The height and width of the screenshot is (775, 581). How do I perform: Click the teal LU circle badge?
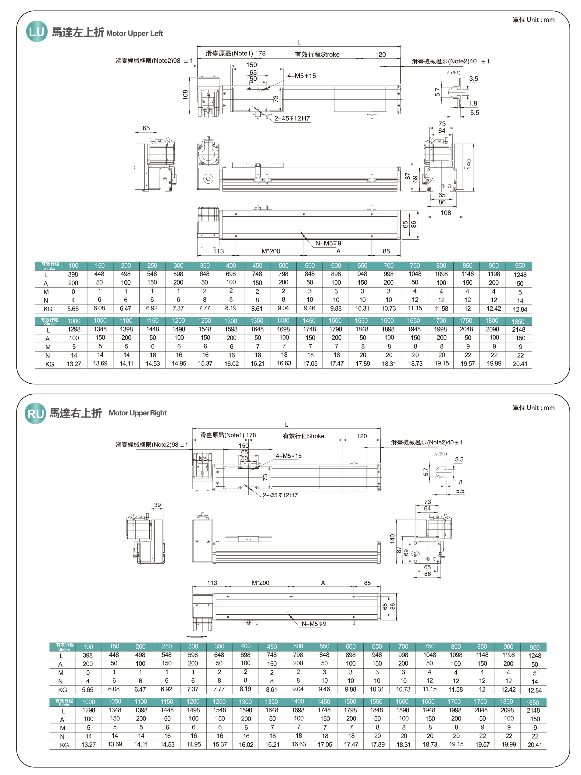point(37,32)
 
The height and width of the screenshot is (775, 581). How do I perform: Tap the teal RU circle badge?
point(35,414)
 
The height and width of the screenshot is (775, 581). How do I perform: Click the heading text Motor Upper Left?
point(135,33)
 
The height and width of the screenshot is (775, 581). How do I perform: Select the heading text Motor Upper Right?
point(137,413)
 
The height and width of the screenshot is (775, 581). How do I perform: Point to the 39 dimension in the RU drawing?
point(157,505)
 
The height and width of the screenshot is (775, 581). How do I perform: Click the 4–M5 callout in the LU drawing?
point(301,76)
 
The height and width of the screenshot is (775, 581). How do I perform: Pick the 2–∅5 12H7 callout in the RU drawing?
point(280,495)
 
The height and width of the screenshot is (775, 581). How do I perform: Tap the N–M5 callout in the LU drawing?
point(328,243)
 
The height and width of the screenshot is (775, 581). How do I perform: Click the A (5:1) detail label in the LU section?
point(453,73)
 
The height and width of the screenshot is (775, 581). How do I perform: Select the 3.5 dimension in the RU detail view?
point(459,459)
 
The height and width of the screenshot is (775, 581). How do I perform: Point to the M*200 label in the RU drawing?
point(261,583)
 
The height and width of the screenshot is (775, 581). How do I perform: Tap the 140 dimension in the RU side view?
point(392,538)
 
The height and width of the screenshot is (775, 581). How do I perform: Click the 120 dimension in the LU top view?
point(380,54)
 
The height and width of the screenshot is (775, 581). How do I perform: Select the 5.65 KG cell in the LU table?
point(73,309)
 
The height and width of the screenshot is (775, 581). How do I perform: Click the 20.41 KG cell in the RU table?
point(534,745)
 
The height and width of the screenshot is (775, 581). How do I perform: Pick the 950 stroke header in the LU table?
point(520,266)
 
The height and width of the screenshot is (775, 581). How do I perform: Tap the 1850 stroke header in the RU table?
point(532,703)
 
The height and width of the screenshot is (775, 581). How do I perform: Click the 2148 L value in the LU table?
point(518,329)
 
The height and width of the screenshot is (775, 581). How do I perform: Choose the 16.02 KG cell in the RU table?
point(246,745)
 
